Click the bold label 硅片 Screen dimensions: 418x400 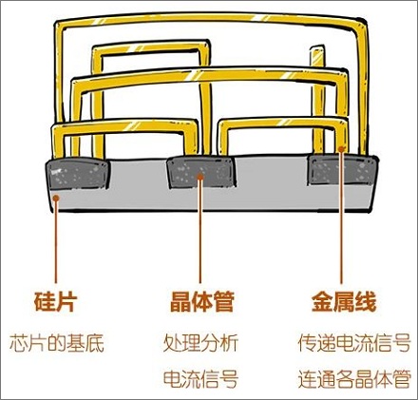click(x=55, y=302)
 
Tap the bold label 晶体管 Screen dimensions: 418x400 click(x=202, y=302)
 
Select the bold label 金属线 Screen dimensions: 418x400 click(x=344, y=302)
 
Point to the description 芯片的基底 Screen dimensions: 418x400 click(x=57, y=343)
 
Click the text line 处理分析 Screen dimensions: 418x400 click(x=200, y=343)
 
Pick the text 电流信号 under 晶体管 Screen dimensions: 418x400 click(x=200, y=378)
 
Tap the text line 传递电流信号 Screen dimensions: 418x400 click(x=354, y=343)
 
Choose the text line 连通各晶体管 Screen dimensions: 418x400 click(x=354, y=378)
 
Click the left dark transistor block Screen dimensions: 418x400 click(x=78, y=174)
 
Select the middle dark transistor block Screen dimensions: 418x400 click(x=201, y=172)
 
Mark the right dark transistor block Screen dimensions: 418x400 click(x=343, y=170)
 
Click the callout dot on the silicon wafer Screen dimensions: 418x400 click(x=56, y=199)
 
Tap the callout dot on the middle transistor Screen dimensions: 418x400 click(x=200, y=177)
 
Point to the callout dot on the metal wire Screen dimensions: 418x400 click(x=341, y=149)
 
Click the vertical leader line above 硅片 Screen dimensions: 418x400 click(x=56, y=241)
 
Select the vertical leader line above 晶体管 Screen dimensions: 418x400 click(x=200, y=231)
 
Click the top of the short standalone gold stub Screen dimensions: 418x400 click(x=317, y=48)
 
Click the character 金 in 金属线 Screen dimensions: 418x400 click(x=322, y=302)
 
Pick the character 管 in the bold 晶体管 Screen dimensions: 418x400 click(x=224, y=302)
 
